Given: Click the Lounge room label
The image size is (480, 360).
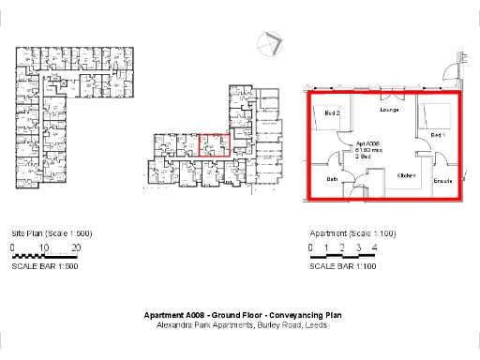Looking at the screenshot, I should tap(390, 111).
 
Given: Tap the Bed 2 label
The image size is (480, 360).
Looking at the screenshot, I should tap(332, 113).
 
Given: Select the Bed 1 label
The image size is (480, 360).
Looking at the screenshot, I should tap(437, 136).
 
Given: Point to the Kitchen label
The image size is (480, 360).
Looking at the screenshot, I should tap(405, 175).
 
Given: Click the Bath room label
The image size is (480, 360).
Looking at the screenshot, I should tap(332, 178).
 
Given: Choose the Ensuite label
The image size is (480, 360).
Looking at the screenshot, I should tap(442, 180).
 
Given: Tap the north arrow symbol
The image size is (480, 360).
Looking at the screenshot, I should tap(271, 43).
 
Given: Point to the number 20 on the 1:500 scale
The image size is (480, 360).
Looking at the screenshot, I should tap(76, 247).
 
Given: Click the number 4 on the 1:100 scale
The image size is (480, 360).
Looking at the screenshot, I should tap(374, 247).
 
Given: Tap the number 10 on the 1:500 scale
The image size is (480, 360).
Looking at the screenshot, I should tap(44, 247).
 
